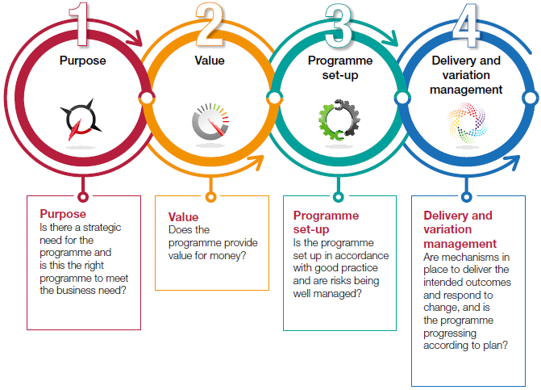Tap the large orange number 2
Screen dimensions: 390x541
point(210,24)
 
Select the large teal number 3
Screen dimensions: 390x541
point(338,24)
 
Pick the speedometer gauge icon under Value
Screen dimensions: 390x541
point(210,121)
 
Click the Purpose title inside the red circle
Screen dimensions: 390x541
point(82,61)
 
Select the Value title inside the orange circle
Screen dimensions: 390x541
point(210,61)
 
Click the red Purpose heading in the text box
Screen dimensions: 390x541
point(62,214)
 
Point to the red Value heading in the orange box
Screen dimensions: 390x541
point(183,217)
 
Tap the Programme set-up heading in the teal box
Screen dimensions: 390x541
point(325,222)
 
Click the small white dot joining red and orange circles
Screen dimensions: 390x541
point(146,99)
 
